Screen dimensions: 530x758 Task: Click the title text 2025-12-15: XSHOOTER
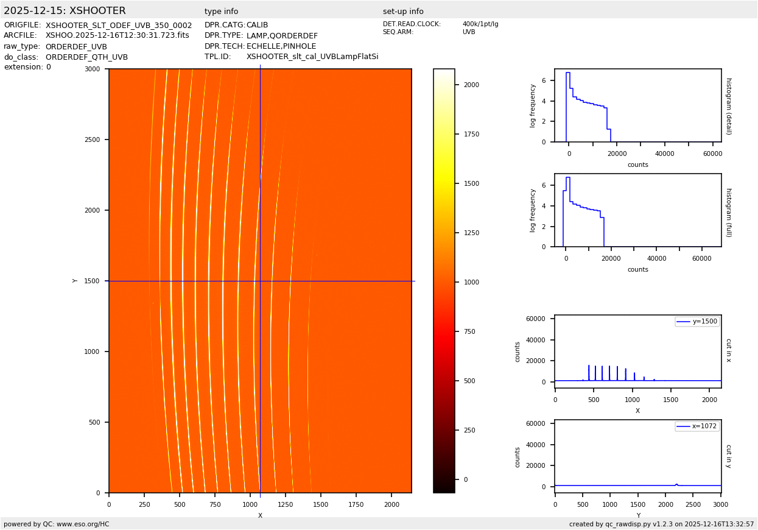click(x=65, y=11)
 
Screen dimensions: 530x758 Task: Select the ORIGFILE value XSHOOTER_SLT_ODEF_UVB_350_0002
click(x=119, y=26)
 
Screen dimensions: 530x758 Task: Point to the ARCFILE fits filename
click(x=118, y=36)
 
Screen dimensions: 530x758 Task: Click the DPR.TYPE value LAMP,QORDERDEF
click(x=282, y=36)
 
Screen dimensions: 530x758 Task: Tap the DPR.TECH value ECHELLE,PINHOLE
click(x=281, y=46)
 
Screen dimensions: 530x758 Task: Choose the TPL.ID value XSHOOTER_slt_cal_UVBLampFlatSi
click(x=312, y=57)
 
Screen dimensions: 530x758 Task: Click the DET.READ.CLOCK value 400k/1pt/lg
click(x=480, y=24)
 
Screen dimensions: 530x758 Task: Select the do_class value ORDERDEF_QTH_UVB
click(x=86, y=57)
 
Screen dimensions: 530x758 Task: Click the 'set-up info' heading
click(x=403, y=12)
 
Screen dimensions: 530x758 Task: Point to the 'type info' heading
click(x=221, y=12)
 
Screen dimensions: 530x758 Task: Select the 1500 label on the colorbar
click(x=471, y=183)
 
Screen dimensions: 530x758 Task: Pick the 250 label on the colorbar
click(x=469, y=430)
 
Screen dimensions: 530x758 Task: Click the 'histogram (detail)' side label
click(x=728, y=105)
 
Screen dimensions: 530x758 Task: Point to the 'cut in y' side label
click(x=728, y=456)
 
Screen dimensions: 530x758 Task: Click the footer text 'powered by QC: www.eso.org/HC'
click(x=57, y=524)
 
